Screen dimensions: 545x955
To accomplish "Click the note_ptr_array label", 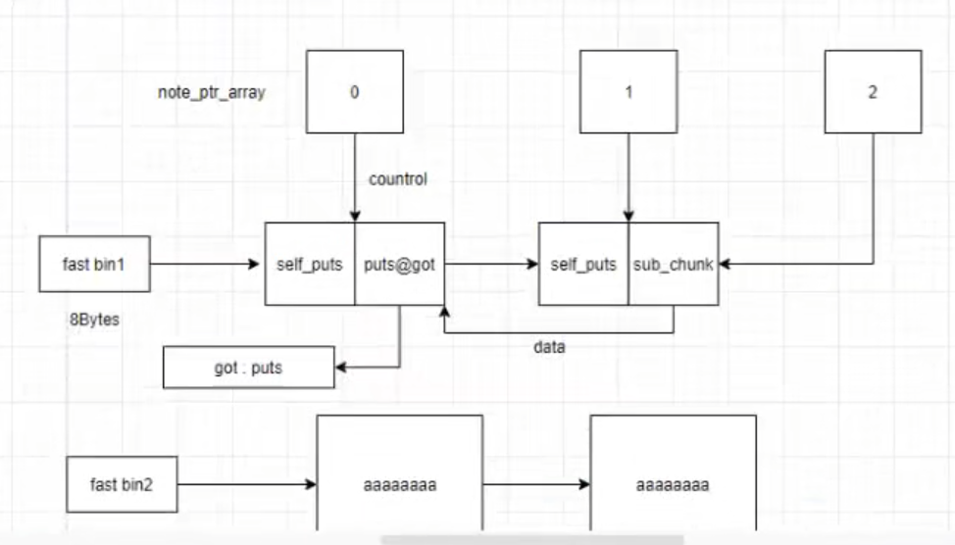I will coord(211,93).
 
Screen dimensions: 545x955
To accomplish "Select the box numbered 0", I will coord(354,92).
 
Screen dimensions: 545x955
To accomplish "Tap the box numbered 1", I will coord(628,92).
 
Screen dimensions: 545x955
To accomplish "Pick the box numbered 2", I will coord(872,92).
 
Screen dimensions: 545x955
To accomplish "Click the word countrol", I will coord(397,179).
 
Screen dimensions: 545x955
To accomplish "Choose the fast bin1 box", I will coord(94,264).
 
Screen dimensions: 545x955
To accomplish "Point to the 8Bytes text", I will coord(94,319).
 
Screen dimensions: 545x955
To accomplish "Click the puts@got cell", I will coord(399,264).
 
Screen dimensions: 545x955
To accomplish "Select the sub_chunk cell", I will coord(673,264).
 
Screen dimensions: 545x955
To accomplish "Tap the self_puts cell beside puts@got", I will coord(310,264).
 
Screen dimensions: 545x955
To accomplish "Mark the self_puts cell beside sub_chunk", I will coord(583,264).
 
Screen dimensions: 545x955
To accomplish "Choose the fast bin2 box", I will coord(122,484).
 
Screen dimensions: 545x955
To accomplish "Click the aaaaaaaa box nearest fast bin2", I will coord(399,484).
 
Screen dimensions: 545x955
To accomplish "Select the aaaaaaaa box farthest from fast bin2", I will coord(673,484).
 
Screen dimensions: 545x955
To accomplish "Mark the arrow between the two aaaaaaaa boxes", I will coord(536,484).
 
